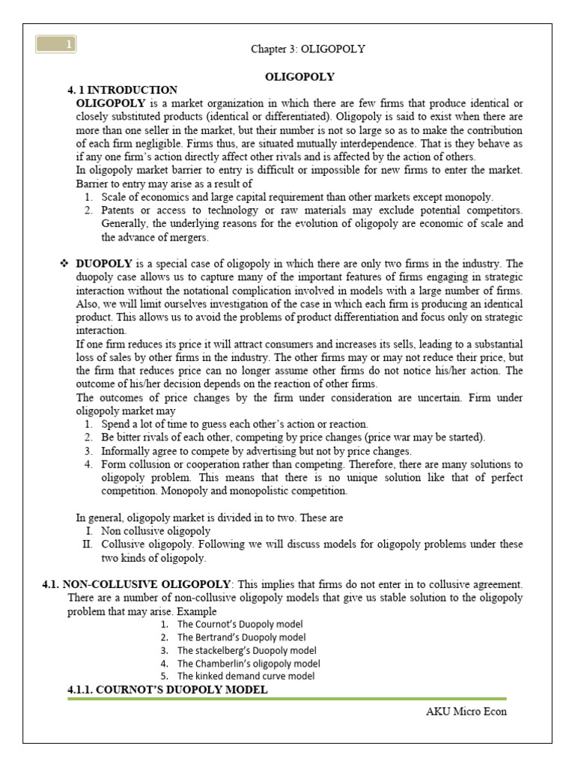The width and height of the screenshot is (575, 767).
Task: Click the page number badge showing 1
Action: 55,46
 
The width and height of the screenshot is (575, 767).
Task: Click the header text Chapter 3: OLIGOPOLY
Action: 308,49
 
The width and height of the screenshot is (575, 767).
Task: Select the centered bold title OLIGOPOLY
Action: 299,76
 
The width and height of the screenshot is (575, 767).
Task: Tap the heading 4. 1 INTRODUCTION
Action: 122,90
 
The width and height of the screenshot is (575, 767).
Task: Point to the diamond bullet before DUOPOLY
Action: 64,264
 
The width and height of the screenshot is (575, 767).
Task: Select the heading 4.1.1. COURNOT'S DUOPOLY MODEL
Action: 167,689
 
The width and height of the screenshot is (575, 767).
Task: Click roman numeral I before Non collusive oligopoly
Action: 88,531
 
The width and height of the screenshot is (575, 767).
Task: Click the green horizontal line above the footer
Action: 287,699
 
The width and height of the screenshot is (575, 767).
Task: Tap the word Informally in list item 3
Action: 128,451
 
